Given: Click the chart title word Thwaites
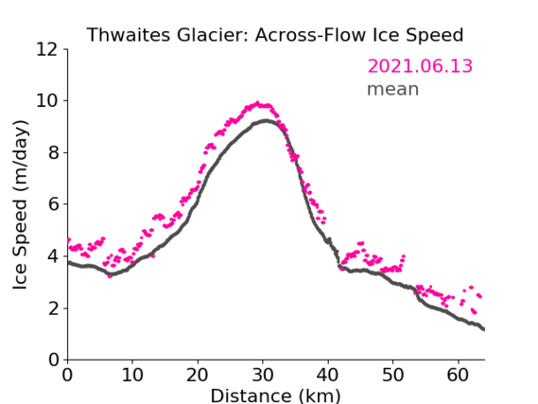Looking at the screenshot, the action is pyautogui.click(x=129, y=35).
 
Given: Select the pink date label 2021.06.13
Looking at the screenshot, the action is pyautogui.click(x=420, y=66).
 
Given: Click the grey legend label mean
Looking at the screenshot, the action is pyautogui.click(x=393, y=89).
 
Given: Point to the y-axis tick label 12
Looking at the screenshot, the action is pyautogui.click(x=47, y=50).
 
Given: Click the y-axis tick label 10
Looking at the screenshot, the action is pyautogui.click(x=47, y=101).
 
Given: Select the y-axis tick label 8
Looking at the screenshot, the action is pyautogui.click(x=53, y=152).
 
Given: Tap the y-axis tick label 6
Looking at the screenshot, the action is pyautogui.click(x=53, y=204).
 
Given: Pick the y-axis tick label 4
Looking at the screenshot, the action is pyautogui.click(x=53, y=256).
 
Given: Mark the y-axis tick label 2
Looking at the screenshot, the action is pyautogui.click(x=53, y=308).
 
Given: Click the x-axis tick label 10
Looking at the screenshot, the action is pyautogui.click(x=132, y=375).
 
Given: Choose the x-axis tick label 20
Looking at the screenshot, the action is pyautogui.click(x=198, y=375).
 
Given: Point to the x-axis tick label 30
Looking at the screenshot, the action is pyautogui.click(x=263, y=375).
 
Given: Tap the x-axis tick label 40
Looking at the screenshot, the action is pyautogui.click(x=328, y=375).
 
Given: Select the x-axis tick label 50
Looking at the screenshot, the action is pyautogui.click(x=393, y=375).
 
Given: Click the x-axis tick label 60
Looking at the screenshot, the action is pyautogui.click(x=458, y=375).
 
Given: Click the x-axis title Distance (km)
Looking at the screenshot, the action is pyautogui.click(x=275, y=395).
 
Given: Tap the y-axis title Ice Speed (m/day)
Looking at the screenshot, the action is pyautogui.click(x=20, y=205).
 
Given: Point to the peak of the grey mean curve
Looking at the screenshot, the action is pyautogui.click(x=266, y=120).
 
